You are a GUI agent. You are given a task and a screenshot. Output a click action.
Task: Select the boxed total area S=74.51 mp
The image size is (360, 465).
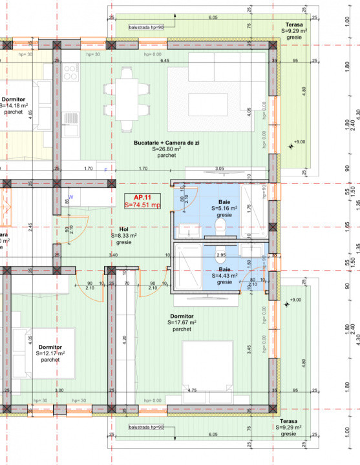[x=142, y=205]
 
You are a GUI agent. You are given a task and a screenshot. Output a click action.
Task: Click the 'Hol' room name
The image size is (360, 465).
[x=123, y=229]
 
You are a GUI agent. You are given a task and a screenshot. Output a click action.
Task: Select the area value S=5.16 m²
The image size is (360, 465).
[x=225, y=209]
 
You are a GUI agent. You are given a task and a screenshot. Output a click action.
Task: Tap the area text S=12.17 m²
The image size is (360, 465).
[x=49, y=354]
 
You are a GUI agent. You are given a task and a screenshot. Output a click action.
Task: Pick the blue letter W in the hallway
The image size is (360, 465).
[x=70, y=196]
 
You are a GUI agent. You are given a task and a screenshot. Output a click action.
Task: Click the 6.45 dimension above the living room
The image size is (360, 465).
[x=165, y=61]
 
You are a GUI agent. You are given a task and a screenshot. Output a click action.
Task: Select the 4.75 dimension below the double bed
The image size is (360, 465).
[x=192, y=391]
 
